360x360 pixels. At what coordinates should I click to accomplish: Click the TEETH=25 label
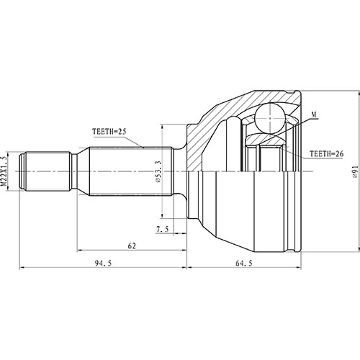109,131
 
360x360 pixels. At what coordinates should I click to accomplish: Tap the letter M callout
315,115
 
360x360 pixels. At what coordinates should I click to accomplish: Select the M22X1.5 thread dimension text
6,171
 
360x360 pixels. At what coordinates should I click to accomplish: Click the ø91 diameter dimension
354,171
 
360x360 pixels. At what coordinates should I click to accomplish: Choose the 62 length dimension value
132,246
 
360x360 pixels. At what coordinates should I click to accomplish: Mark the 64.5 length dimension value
244,263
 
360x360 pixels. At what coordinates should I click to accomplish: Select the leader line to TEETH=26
292,153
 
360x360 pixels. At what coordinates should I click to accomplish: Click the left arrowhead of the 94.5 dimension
20,269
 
